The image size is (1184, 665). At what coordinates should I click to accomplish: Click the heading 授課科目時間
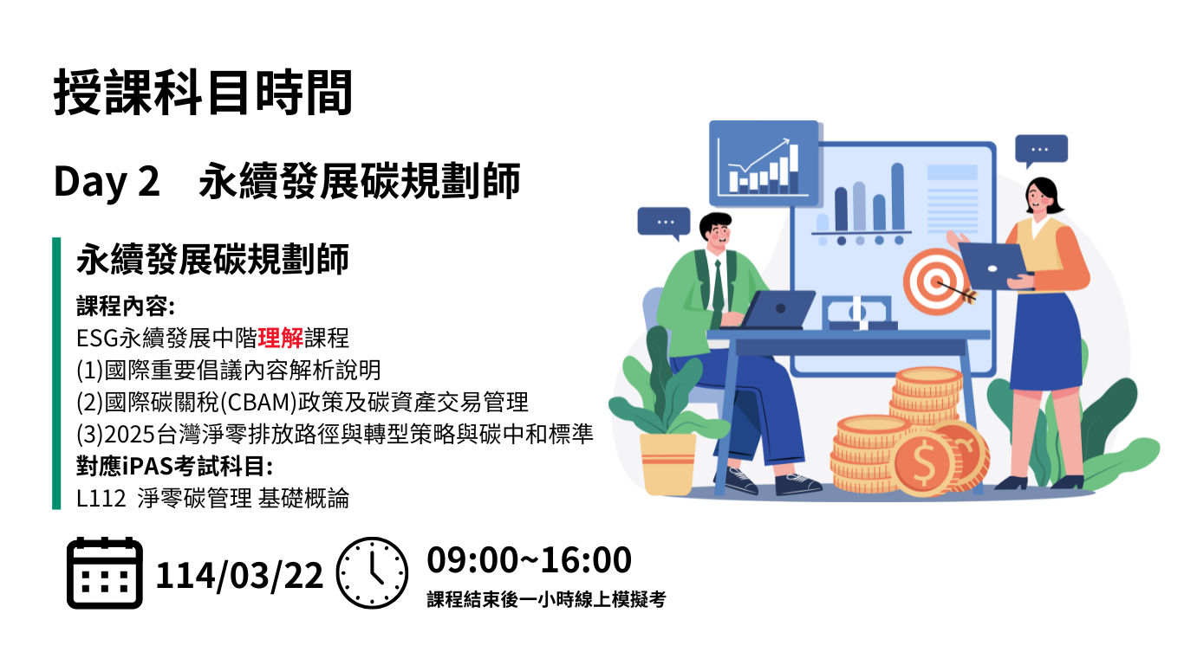pyautogui.click(x=203, y=93)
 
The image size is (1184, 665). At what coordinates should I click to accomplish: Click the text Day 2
pyautogui.click(x=107, y=181)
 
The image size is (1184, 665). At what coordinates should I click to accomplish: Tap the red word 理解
pyautogui.click(x=281, y=338)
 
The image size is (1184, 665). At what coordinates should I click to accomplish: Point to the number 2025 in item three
pyautogui.click(x=129, y=435)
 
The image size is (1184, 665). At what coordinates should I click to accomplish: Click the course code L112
pyautogui.click(x=101, y=499)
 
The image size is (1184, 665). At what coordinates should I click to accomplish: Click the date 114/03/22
pyautogui.click(x=239, y=575)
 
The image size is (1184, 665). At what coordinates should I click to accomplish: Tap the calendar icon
pyautogui.click(x=105, y=573)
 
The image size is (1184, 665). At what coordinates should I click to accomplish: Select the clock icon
pyautogui.click(x=372, y=573)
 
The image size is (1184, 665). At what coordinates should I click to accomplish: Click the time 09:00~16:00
pyautogui.click(x=529, y=560)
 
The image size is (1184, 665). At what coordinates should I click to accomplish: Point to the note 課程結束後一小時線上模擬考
pyautogui.click(x=547, y=599)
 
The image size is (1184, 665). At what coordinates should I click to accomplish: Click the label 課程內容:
pyautogui.click(x=126, y=307)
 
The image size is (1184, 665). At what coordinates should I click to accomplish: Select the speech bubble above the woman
pyautogui.click(x=1041, y=150)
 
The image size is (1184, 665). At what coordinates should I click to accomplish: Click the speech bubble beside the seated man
pyautogui.click(x=664, y=223)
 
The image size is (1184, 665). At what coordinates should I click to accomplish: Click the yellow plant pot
pyautogui.click(x=667, y=464)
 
